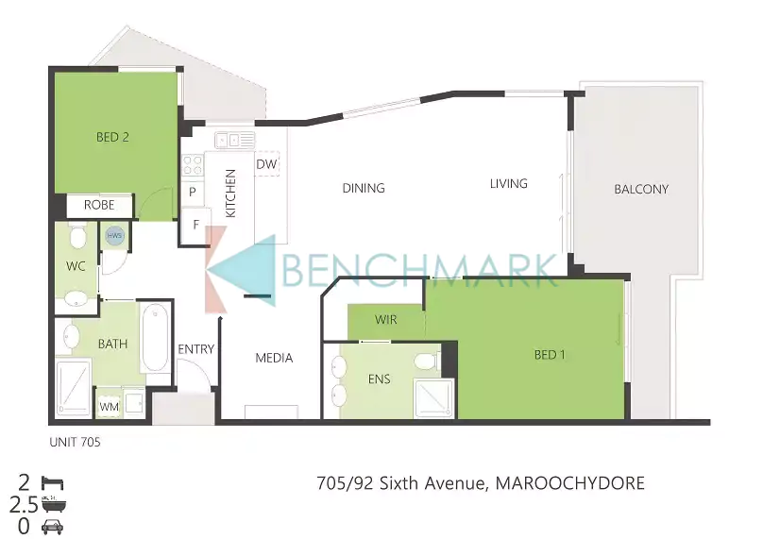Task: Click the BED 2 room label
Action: point(112,137)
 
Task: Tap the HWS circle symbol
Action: point(114,236)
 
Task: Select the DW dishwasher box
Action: point(266,164)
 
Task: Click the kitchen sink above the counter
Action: point(234,140)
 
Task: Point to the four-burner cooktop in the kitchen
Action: point(193,164)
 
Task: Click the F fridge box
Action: point(195,226)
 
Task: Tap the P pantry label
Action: point(193,193)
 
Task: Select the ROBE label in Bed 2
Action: point(99,205)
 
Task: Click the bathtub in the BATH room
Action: point(155,338)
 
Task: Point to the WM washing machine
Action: point(109,406)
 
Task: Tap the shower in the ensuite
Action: point(433,398)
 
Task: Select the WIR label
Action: point(386,320)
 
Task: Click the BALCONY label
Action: point(641,189)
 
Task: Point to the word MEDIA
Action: point(274,358)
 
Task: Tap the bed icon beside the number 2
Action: point(53,483)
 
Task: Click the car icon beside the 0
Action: point(53,527)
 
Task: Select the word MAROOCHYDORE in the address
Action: point(569,483)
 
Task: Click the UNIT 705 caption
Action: point(75,442)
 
